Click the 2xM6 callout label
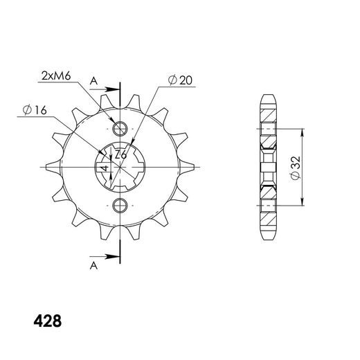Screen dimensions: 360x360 [56, 75]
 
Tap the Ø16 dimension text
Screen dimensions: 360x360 [35, 110]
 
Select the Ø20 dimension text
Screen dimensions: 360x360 [180, 80]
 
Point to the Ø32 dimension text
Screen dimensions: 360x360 [296, 168]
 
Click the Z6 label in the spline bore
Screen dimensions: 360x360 [120, 155]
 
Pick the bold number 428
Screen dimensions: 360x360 [48, 321]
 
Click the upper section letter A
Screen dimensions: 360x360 [93, 81]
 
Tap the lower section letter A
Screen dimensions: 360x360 [93, 266]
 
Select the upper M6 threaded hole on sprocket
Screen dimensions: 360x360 [120, 129]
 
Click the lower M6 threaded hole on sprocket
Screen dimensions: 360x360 [120, 205]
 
